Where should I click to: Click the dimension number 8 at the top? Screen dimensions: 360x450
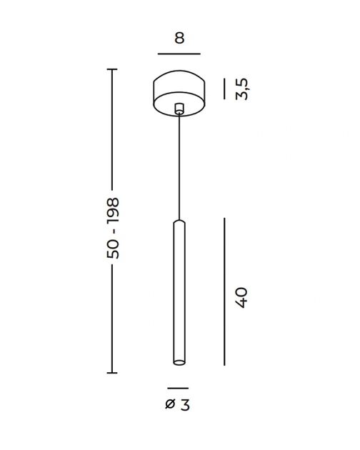pos(179,38)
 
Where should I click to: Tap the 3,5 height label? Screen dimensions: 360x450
pos(241,89)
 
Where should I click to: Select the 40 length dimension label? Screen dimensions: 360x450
pos(241,298)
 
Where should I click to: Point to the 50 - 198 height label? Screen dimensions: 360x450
pos(113,228)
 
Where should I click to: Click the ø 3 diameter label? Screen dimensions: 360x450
pos(178,405)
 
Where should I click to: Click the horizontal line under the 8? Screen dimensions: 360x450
pos(179,54)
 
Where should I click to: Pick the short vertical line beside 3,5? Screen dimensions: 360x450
pos(224,89)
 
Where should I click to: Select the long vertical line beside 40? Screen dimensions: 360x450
pos(224,291)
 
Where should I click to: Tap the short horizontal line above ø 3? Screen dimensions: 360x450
pos(178,389)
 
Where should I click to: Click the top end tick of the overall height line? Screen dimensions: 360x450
pos(112,69)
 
